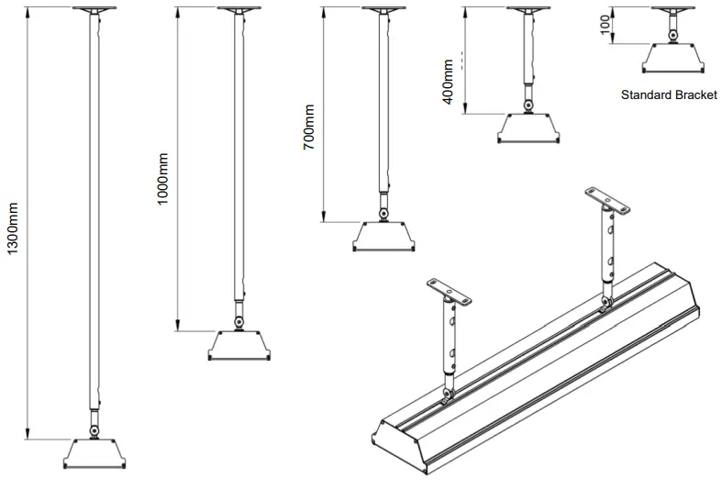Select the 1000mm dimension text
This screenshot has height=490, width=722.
pyautogui.click(x=162, y=178)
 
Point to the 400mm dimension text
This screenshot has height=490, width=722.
pyautogui.click(x=448, y=82)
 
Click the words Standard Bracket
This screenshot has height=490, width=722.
pyautogui.click(x=668, y=95)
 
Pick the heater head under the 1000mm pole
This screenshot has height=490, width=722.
pyautogui.click(x=239, y=347)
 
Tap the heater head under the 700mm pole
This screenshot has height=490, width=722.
pyautogui.click(x=381, y=237)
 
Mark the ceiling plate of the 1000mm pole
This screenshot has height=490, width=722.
pyautogui.click(x=239, y=9)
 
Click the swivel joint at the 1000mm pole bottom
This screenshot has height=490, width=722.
pyautogui.click(x=239, y=322)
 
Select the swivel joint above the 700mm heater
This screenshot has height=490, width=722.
pyautogui.click(x=382, y=214)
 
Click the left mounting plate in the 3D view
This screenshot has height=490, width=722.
pyautogui.click(x=450, y=293)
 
